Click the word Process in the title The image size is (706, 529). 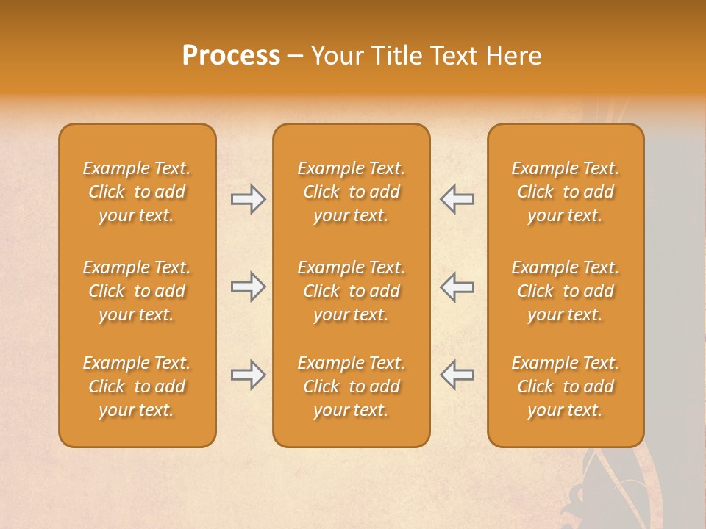tap(231, 56)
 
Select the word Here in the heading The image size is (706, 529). tap(515, 56)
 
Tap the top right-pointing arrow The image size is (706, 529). tap(249, 199)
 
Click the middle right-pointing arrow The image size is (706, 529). tap(249, 287)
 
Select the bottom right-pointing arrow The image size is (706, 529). tap(249, 375)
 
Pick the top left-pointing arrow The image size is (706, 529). tap(457, 199)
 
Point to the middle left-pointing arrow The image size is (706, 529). tap(457, 287)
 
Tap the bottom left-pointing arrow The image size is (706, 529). tap(457, 375)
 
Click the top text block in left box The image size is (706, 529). tap(137, 192)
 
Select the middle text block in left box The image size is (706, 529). tap(137, 291)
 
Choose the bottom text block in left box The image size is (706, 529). tap(137, 386)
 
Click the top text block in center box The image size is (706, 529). tap(351, 192)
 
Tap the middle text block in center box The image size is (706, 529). tap(351, 291)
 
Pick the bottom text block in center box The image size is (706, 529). tap(351, 386)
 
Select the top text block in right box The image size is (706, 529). tap(565, 192)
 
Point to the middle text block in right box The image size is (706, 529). tap(565, 291)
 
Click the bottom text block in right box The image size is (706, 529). tap(565, 386)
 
